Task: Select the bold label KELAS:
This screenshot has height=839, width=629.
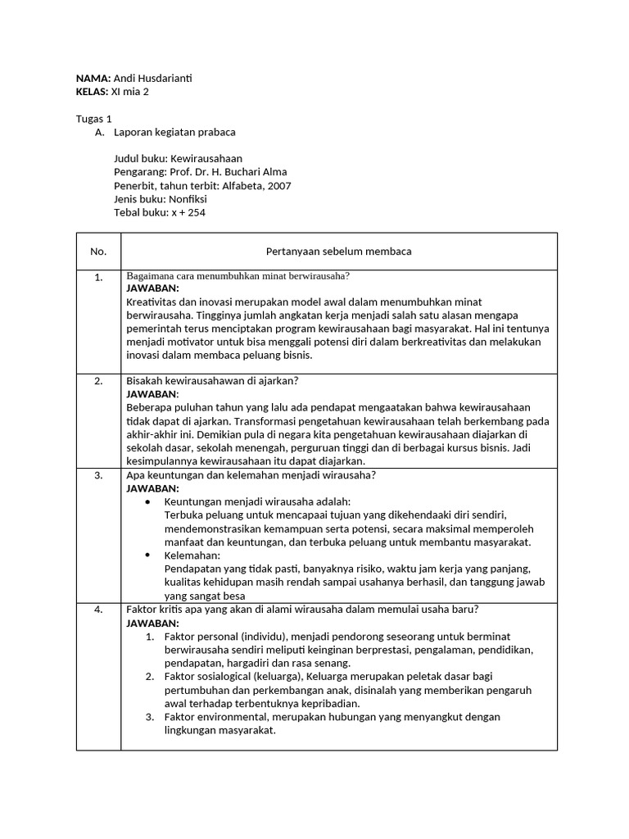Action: (92, 92)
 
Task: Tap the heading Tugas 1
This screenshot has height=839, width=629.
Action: (93, 118)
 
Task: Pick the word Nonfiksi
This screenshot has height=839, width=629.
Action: (188, 199)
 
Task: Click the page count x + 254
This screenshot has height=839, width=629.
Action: (188, 213)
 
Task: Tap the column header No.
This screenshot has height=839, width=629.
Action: (98, 252)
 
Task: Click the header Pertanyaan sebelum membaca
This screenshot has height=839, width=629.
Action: (338, 252)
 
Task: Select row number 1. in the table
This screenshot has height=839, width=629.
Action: (98, 277)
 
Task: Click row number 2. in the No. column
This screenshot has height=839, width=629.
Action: (98, 381)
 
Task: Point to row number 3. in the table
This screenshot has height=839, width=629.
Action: (98, 475)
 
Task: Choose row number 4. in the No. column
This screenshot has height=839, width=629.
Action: (98, 610)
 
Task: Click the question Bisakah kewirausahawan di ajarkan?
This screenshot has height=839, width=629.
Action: (212, 381)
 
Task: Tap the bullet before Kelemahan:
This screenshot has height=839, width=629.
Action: (147, 555)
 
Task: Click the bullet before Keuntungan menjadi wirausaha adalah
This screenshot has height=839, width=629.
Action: (147, 501)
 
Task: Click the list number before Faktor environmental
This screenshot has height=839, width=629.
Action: (150, 717)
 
